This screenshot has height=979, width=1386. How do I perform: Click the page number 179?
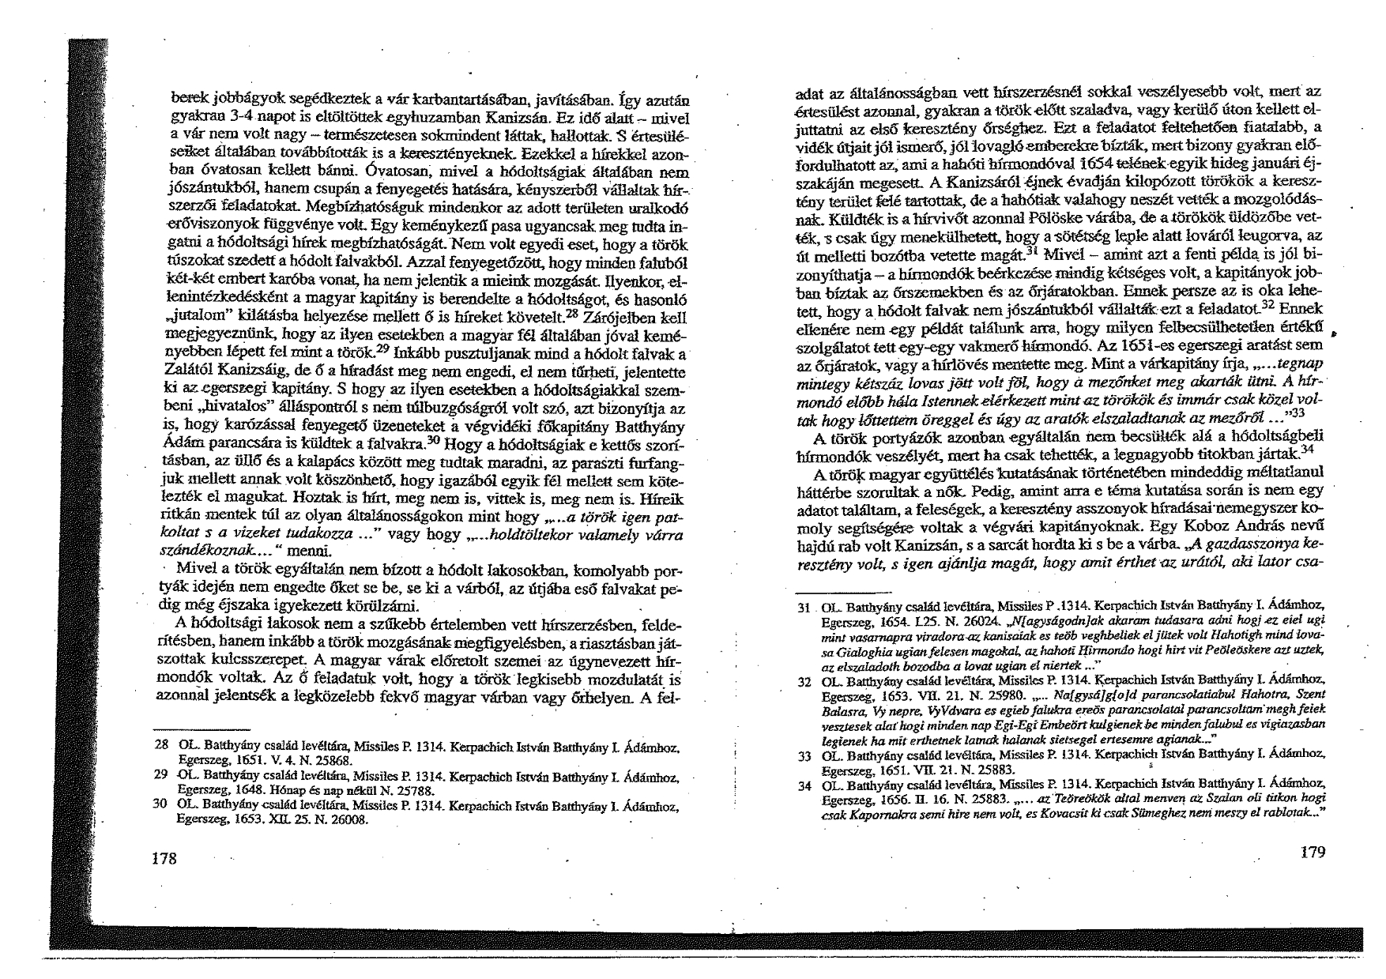click(1311, 851)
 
